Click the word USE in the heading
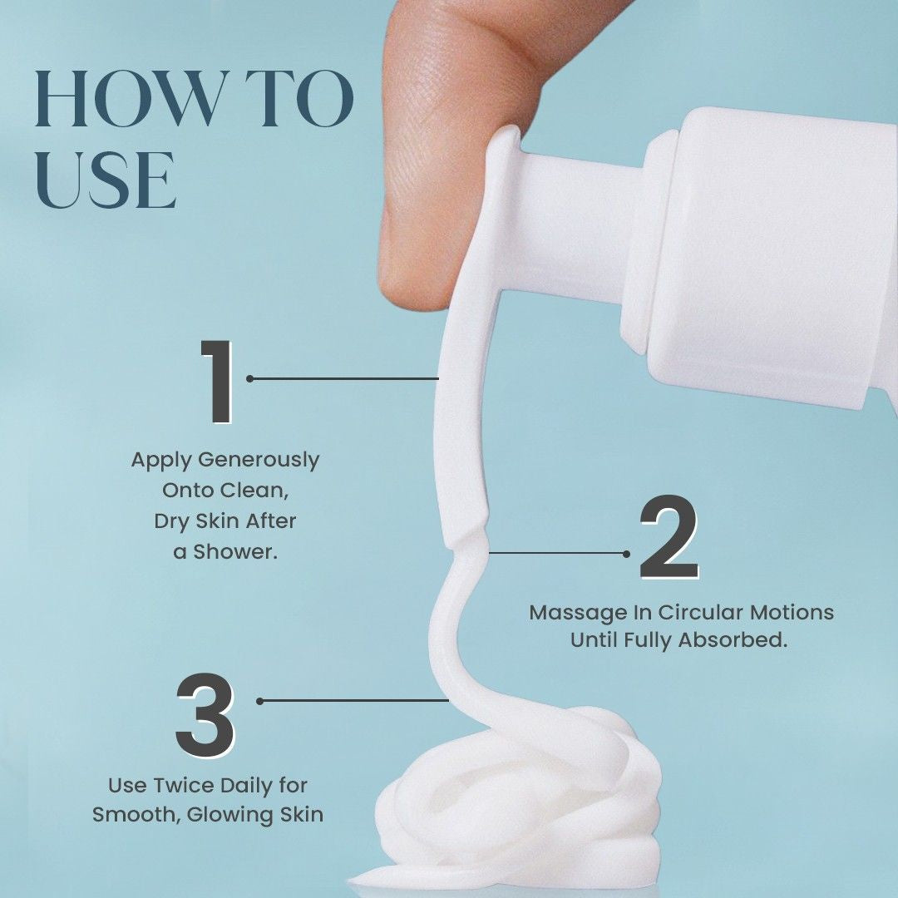[x=106, y=179]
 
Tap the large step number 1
[x=218, y=382]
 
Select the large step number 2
[x=669, y=539]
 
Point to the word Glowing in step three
[x=232, y=814]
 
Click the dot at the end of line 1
[x=250, y=378]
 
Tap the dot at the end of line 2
[x=627, y=552]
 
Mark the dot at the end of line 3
[x=260, y=701]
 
